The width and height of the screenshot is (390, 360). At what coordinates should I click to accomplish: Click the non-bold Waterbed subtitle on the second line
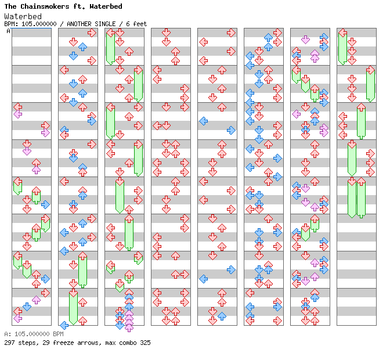[x=23, y=16]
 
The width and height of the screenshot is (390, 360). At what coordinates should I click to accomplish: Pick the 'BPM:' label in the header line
[x=10, y=24]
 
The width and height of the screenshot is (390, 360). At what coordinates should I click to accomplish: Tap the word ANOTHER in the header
[x=81, y=24]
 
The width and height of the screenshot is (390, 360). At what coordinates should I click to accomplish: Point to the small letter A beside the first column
[x=8, y=31]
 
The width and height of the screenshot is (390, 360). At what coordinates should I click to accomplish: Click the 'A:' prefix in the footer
[x=7, y=334]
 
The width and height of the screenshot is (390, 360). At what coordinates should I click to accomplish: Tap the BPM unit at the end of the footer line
[x=57, y=334]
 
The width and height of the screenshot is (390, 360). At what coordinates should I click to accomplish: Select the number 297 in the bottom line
[x=9, y=343]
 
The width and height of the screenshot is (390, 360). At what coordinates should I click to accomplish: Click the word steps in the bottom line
[x=27, y=343]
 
